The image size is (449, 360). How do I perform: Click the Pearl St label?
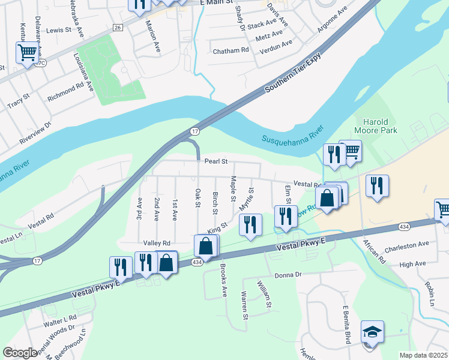(216, 161)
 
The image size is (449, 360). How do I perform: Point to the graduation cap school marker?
(372, 332)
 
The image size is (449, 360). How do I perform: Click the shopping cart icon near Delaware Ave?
(27, 53)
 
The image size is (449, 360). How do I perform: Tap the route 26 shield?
(118, 28)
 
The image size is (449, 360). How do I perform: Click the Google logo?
(20, 353)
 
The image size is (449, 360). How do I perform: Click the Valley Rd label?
(157, 243)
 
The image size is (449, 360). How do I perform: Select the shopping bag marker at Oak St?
(205, 246)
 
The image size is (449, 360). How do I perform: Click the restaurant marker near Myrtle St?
(250, 224)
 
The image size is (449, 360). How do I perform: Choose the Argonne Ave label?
(333, 22)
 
